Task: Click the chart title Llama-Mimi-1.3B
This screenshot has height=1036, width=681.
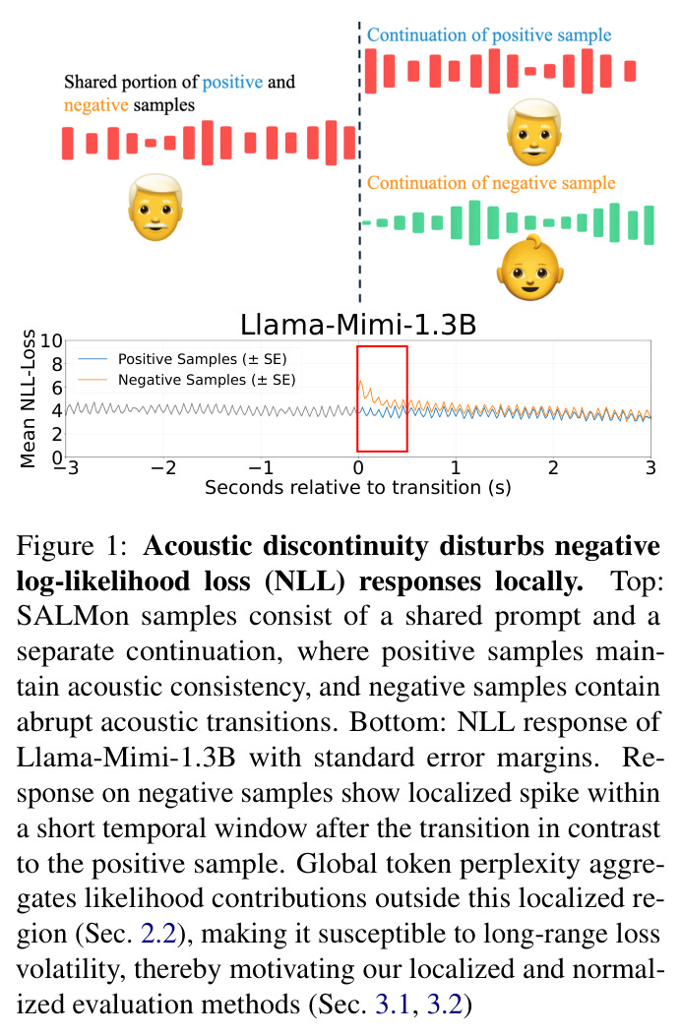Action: [357, 325]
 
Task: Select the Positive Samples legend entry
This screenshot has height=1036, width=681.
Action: [182, 359]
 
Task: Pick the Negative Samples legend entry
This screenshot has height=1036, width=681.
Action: [186, 380]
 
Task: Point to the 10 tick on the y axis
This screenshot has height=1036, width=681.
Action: [51, 341]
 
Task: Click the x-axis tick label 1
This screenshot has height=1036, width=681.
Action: [456, 467]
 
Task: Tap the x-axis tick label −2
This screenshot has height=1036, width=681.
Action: [163, 467]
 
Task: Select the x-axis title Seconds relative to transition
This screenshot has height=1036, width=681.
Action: [357, 488]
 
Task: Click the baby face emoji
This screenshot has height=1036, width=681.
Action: [528, 268]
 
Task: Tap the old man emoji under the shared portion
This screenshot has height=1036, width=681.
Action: [155, 207]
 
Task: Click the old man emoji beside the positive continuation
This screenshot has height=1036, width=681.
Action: [534, 132]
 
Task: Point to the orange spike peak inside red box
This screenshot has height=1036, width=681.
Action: [360, 381]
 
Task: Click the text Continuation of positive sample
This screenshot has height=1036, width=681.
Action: [489, 35]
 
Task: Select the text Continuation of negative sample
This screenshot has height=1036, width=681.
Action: [491, 183]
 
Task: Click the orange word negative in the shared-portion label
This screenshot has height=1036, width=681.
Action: [95, 105]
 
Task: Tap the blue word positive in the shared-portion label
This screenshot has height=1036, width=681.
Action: [232, 83]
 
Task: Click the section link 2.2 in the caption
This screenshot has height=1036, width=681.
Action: [158, 934]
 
